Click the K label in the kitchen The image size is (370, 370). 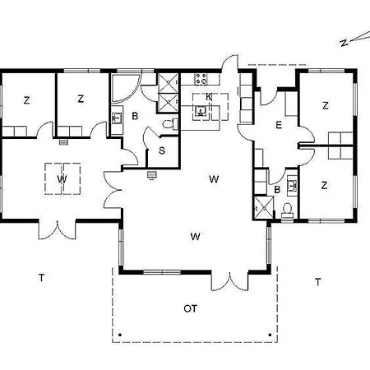209,96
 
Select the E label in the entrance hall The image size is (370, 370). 279,125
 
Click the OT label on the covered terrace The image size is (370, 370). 190,308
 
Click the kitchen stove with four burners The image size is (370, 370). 201,79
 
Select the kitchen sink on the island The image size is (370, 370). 200,109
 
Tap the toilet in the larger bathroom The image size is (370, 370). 169,123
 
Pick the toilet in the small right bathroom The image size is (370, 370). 287,210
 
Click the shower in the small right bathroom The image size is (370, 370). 261,207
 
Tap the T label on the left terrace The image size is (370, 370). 40,278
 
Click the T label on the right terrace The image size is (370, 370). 317,281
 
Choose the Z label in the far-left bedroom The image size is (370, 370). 26,99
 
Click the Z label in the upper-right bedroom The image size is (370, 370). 326,105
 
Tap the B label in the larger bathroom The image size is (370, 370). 135,117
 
